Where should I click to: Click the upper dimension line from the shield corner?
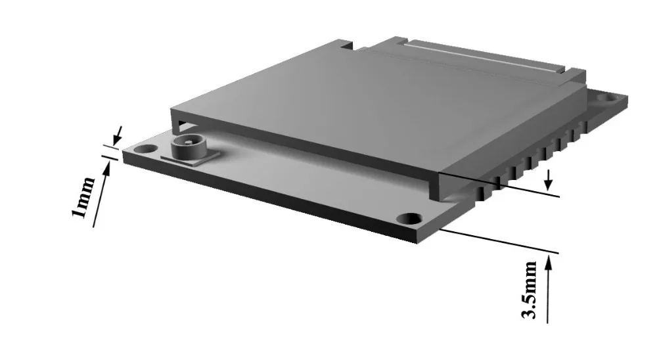[x=499, y=185]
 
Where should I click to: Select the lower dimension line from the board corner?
[x=499, y=240]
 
